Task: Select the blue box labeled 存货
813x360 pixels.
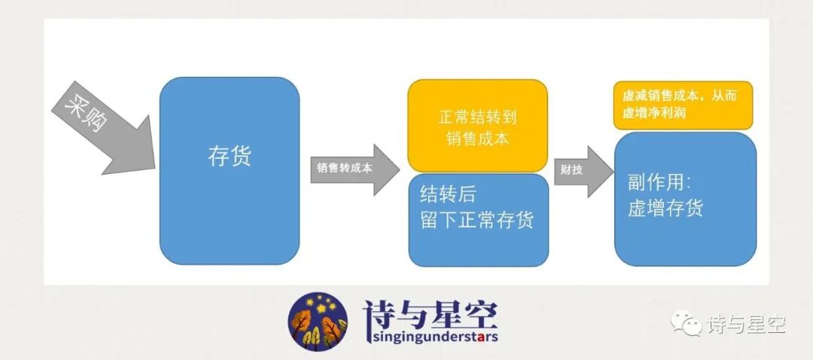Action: [229, 170]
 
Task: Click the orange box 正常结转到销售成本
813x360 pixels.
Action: [477, 126]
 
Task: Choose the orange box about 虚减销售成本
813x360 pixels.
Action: [683, 105]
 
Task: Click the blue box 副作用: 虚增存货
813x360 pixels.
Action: [685, 197]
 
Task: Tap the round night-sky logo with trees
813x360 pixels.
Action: [318, 322]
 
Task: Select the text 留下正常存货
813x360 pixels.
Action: [477, 221]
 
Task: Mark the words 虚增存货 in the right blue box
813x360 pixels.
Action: [665, 208]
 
